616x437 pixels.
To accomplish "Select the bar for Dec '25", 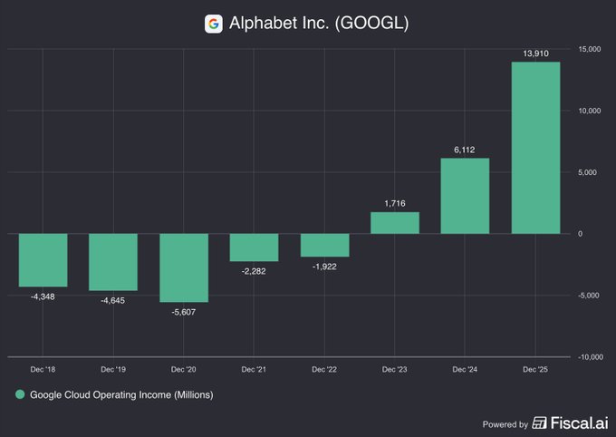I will pyautogui.click(x=535, y=148).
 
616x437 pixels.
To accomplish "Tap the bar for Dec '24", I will pyautogui.click(x=466, y=196).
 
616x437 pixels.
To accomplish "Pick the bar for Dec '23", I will pyautogui.click(x=395, y=223).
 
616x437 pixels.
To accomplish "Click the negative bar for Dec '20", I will pyautogui.click(x=184, y=267).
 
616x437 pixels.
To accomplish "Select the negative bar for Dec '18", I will pyautogui.click(x=43, y=260).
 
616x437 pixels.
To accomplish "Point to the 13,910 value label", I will pyautogui.click(x=535, y=53).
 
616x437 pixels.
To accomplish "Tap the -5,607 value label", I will pyautogui.click(x=184, y=312).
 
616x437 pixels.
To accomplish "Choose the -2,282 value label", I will pyautogui.click(x=255, y=270).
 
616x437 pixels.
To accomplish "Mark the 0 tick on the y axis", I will pyautogui.click(x=581, y=234).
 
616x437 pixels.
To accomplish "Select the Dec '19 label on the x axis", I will pyautogui.click(x=114, y=370).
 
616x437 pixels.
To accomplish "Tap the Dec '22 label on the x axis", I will pyautogui.click(x=324, y=370).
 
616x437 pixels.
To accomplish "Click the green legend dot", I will pyautogui.click(x=19, y=395).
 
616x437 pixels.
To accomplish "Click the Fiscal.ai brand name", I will pyautogui.click(x=576, y=423).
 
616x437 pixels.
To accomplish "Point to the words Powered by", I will pyautogui.click(x=505, y=424).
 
